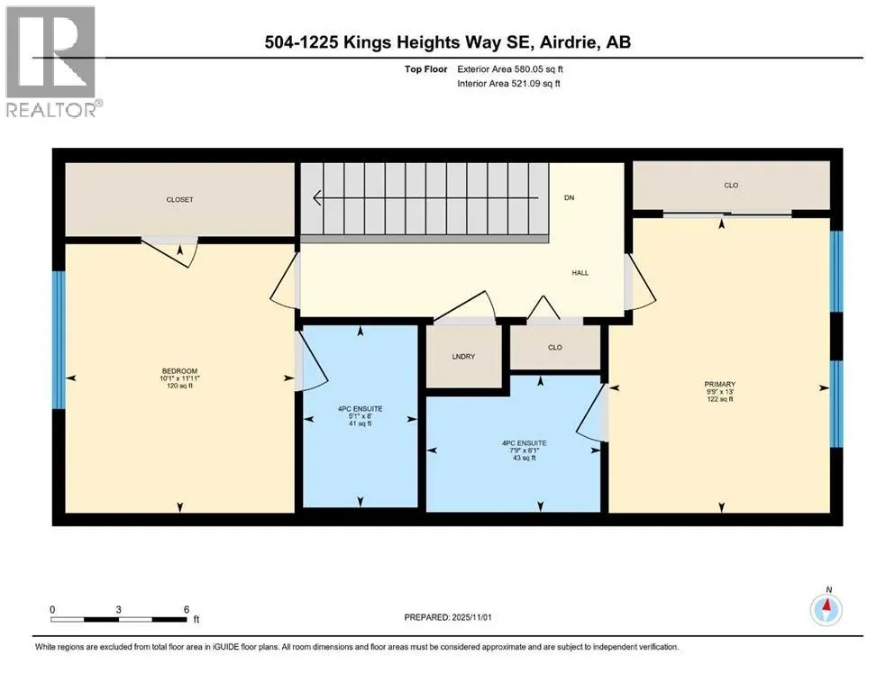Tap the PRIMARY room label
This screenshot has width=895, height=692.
click(x=719, y=384)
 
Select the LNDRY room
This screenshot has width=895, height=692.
click(x=463, y=357)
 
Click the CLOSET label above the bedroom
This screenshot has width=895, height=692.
click(x=179, y=200)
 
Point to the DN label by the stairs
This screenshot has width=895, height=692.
click(x=569, y=197)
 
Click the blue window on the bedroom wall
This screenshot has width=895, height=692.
click(x=59, y=339)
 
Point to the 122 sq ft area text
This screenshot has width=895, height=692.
click(x=719, y=399)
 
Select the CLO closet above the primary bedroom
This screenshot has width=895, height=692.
click(x=731, y=186)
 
